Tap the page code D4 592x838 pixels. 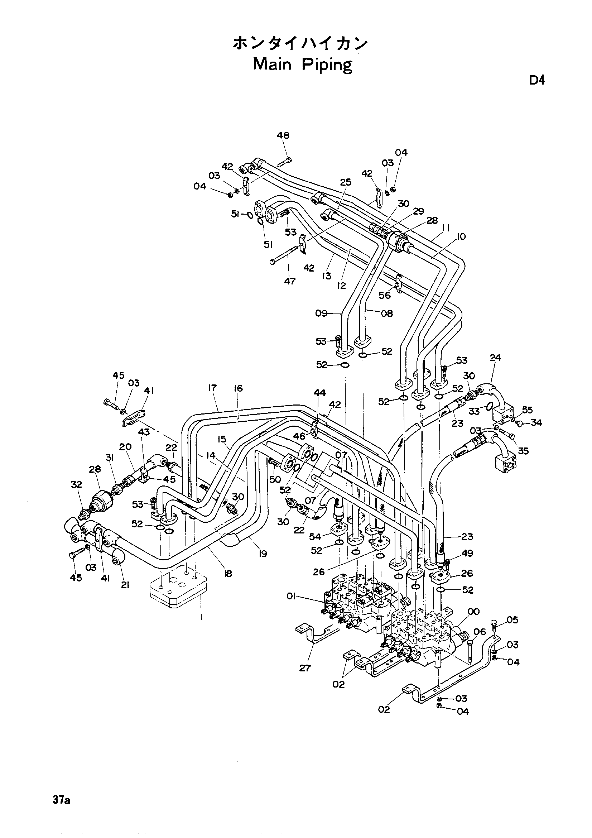coord(537,80)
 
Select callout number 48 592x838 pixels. coord(283,136)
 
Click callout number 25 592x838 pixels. coord(346,182)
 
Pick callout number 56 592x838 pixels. coord(385,295)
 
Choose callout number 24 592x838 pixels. coord(495,358)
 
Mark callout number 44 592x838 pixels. coord(319,393)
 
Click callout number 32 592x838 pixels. coord(77,485)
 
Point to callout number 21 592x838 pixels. coord(125,585)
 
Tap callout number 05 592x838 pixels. coord(512,620)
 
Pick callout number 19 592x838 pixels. coord(262,554)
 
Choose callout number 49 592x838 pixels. coord(467,554)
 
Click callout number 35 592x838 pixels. coord(523,451)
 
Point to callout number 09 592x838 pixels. coord(321,313)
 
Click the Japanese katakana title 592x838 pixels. coord(300,44)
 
